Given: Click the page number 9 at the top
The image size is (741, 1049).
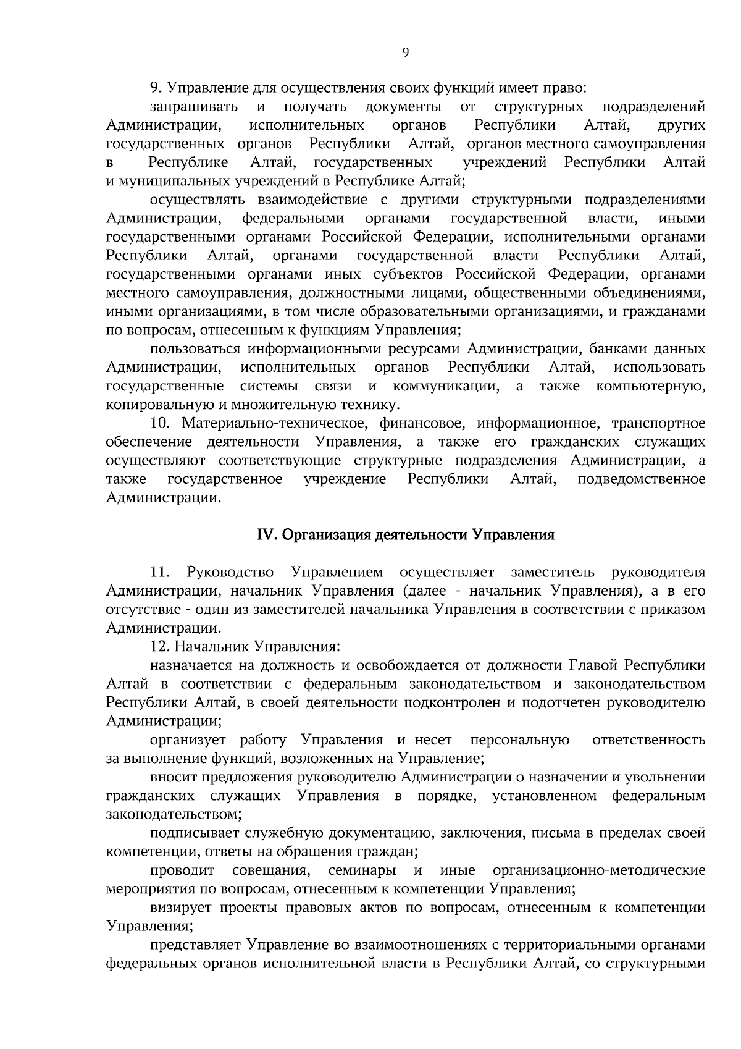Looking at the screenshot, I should [x=405, y=53].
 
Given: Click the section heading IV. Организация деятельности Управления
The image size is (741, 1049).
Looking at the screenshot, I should [x=405, y=534].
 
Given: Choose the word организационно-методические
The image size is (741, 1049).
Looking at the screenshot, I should [x=599, y=870].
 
